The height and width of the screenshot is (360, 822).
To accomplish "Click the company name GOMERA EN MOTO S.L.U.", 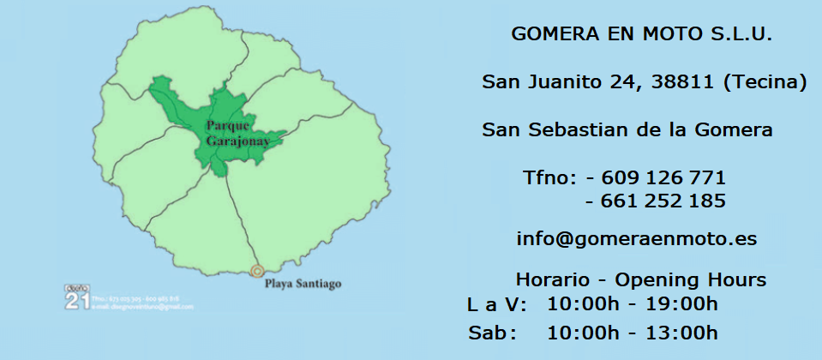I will tap(641, 34).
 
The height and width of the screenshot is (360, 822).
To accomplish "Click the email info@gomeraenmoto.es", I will tap(637, 239).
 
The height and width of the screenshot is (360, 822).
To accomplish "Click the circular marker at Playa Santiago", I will tap(256, 272).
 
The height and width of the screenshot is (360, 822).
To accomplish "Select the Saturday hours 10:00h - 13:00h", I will tap(633, 333).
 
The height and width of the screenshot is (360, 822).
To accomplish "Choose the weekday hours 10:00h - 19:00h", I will tap(633, 304).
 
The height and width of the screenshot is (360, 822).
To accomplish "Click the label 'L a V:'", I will tap(496, 304).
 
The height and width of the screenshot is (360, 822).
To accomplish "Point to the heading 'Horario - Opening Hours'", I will tap(640, 279).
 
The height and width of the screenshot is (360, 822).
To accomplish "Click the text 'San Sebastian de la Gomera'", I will tap(627, 130).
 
